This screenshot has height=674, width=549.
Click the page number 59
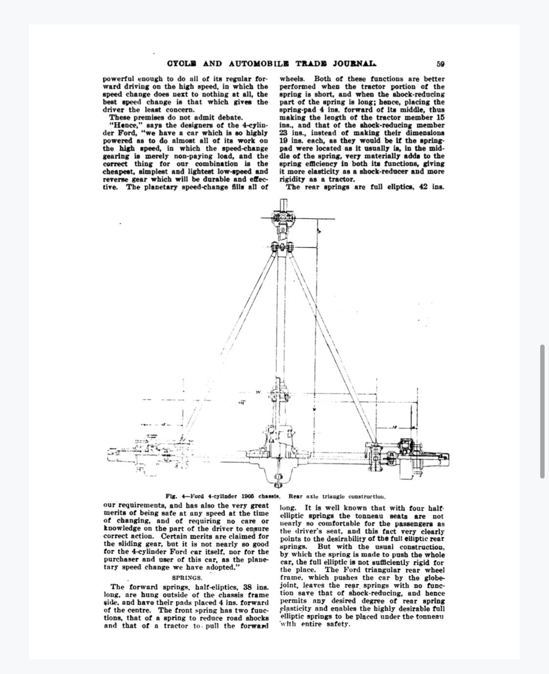click(x=440, y=64)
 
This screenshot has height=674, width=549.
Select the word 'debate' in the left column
click(x=230, y=117)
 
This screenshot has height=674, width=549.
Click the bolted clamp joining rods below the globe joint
click(x=283, y=248)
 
